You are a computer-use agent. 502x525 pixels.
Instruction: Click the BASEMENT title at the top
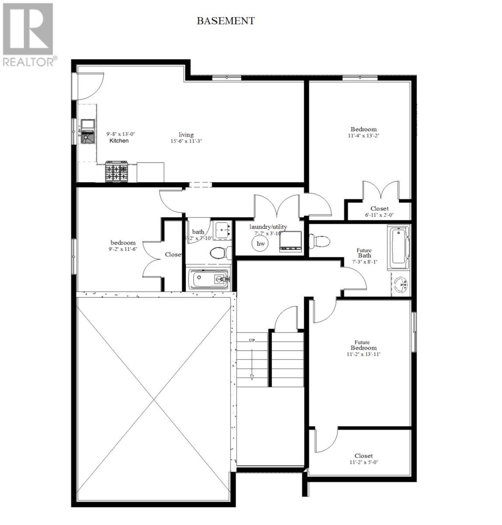[225, 21]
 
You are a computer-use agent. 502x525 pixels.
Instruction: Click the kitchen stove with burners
[116, 172]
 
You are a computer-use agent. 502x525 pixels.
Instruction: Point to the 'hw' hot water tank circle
[261, 243]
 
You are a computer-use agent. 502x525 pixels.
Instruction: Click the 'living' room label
[186, 135]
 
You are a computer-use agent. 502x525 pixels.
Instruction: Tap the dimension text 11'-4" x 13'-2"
[363, 136]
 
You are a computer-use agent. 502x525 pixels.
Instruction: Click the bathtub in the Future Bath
[398, 248]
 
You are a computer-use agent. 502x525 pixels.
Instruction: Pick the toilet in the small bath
[219, 253]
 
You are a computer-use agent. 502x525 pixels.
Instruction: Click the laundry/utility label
[268, 227]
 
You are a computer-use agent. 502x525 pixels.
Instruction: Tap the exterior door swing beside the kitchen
[91, 86]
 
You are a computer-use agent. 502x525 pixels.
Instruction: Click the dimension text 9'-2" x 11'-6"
[122, 249]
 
